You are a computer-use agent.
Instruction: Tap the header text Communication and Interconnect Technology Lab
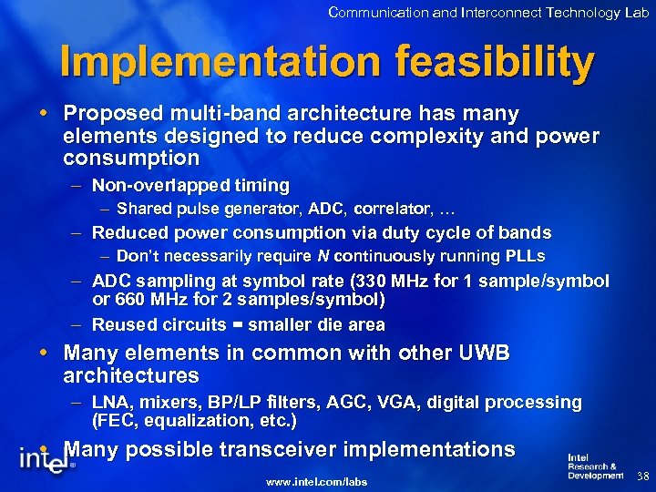point(488,12)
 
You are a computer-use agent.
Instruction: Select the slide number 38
point(642,477)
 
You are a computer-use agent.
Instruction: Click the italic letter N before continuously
point(322,256)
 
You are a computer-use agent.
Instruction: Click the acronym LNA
point(110,402)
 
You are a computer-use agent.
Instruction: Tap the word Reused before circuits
point(122,324)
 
